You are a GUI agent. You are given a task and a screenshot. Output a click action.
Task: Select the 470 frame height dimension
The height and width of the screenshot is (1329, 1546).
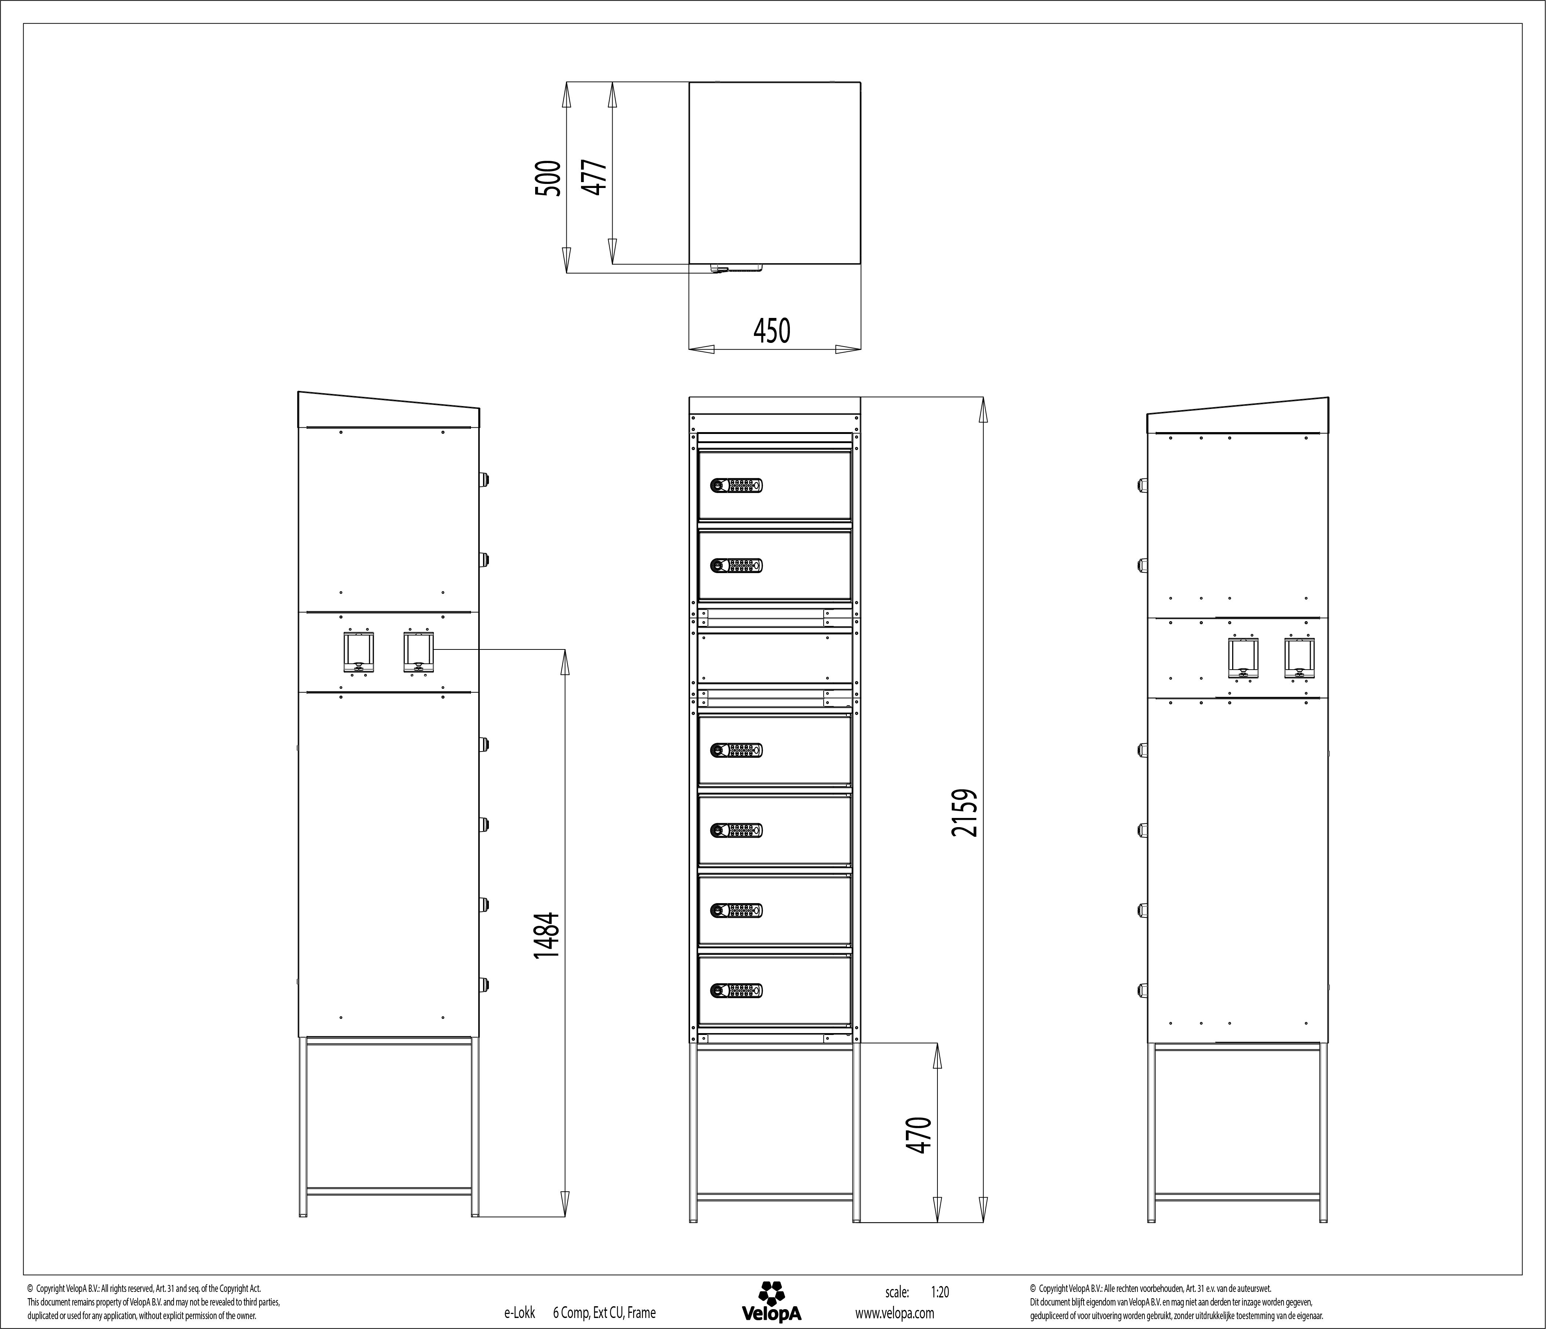click(920, 1135)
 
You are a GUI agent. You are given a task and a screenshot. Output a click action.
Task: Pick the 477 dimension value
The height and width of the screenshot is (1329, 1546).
click(595, 178)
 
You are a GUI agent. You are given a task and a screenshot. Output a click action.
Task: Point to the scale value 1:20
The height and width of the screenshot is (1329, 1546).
click(940, 1292)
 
